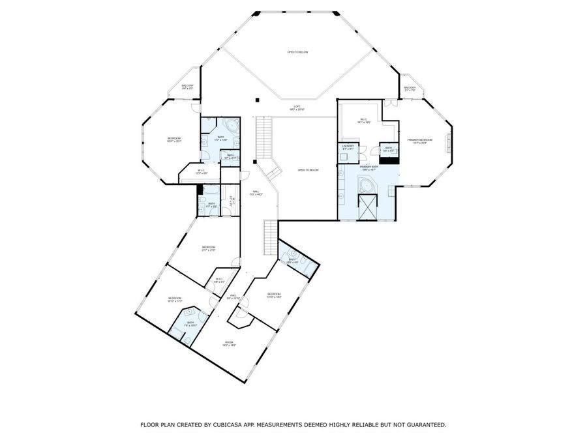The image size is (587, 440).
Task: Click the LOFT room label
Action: pyautogui.click(x=297, y=107)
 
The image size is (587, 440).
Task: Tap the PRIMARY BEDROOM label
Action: pyautogui.click(x=420, y=141)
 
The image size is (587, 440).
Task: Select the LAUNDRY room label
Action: pyautogui.click(x=347, y=147)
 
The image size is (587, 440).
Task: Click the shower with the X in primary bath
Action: pyautogui.click(x=369, y=208)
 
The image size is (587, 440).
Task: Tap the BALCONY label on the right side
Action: pyautogui.click(x=410, y=89)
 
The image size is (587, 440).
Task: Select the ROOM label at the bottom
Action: pyautogui.click(x=229, y=344)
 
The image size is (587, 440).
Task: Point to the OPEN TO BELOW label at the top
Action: pyautogui.click(x=297, y=52)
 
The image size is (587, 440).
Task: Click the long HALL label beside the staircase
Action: pyautogui.click(x=256, y=193)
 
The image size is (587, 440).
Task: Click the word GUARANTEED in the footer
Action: pyautogui.click(x=423, y=424)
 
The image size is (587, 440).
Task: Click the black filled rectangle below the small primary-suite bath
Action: pyautogui.click(x=389, y=159)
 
